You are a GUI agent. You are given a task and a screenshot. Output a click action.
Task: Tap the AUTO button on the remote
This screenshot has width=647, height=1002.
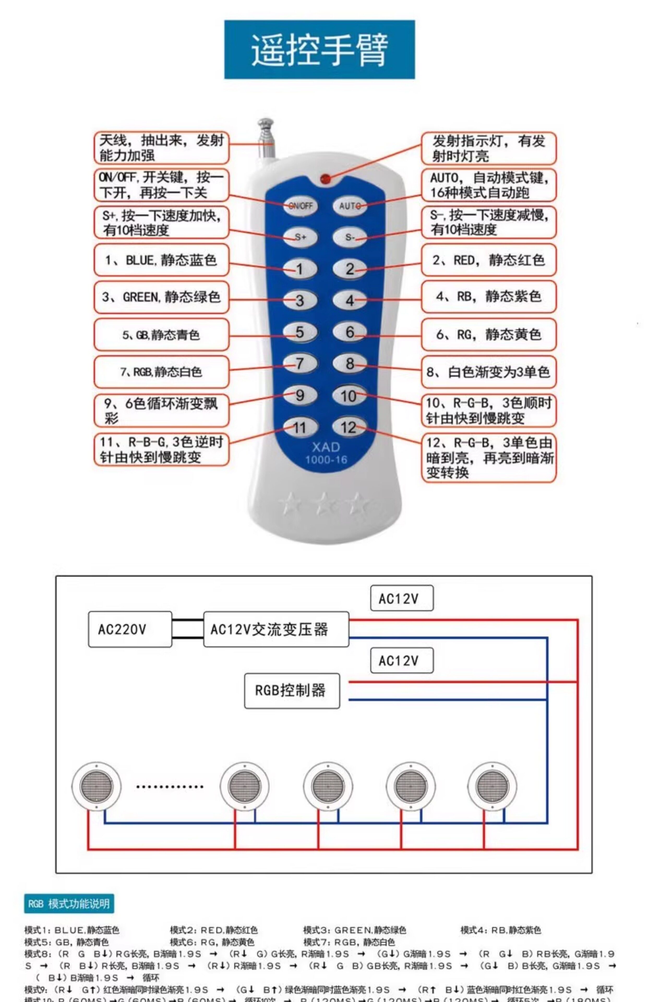coord(350,206)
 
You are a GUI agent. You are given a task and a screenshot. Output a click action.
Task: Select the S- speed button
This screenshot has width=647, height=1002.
coord(350,237)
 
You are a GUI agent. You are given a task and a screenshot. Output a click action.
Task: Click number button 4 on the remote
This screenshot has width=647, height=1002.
coord(350,300)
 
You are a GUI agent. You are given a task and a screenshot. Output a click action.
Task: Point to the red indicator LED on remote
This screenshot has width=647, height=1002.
coord(325,179)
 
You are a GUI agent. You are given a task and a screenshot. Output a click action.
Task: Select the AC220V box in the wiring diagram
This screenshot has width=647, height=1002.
coord(130,629)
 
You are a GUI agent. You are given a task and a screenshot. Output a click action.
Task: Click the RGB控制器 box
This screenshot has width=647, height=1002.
coord(292,690)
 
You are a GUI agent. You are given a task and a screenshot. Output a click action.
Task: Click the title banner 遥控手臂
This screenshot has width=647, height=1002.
coord(319,50)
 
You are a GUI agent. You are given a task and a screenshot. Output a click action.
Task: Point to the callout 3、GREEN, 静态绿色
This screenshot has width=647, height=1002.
coord(161,297)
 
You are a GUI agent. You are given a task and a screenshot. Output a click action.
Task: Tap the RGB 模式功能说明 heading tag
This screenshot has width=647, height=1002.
coord(69,904)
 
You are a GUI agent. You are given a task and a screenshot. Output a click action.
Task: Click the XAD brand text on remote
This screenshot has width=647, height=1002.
coord(326,446)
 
